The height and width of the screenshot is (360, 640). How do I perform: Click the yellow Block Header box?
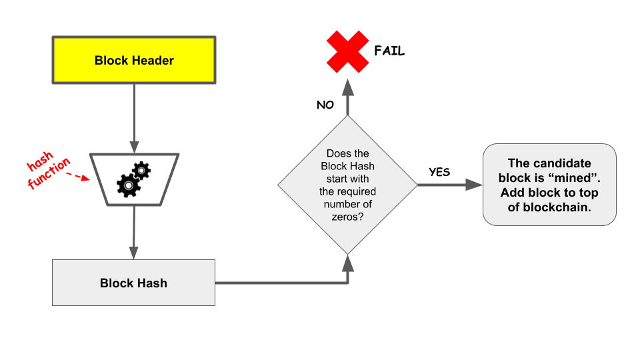tap(134, 60)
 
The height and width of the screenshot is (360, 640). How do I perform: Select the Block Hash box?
tap(133, 283)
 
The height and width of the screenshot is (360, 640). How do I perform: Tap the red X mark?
tap(347, 51)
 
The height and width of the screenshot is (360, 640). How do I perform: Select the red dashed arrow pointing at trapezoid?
tap(79, 177)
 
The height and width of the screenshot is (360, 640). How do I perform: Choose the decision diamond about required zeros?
tap(347, 185)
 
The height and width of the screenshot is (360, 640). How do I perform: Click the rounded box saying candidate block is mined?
tap(549, 185)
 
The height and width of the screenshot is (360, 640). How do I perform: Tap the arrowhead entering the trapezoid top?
tap(134, 148)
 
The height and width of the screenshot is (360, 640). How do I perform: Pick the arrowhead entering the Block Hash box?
tap(134, 253)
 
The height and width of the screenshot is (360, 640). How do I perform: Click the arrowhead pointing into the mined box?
tap(474, 185)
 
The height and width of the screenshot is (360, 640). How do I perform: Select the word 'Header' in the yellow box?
tap(153, 60)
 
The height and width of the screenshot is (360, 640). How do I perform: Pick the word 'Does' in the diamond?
tap(338, 153)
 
